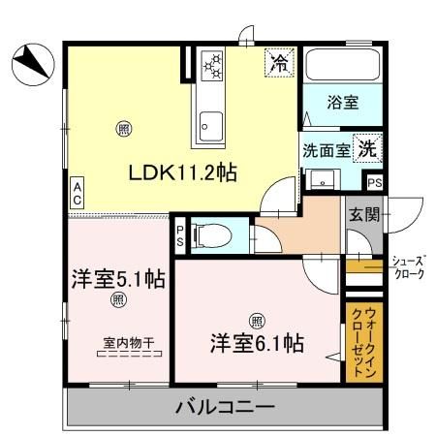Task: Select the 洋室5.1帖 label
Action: [116, 279]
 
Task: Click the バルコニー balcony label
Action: [225, 407]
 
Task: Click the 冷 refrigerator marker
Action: [279, 64]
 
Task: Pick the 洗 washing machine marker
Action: [367, 149]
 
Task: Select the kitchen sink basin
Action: [208, 120]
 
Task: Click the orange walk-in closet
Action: [358, 344]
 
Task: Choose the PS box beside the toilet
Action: [180, 235]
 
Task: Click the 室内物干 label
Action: [130, 341]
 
